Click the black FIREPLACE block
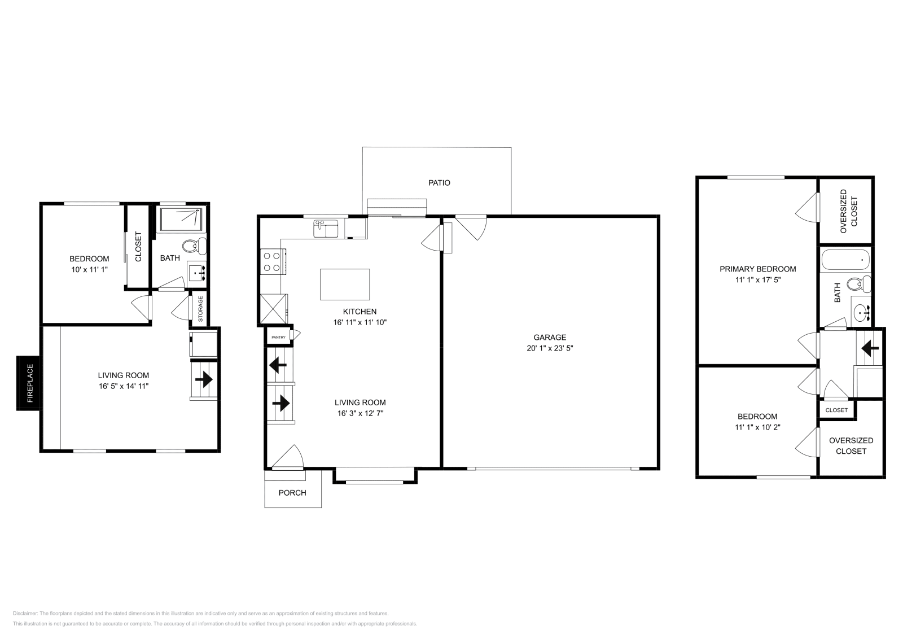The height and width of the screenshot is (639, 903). coord(28,383)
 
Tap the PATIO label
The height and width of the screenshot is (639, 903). coord(439,183)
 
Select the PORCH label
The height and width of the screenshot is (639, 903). coord(292,493)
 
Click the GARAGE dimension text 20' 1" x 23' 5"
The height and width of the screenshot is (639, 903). coord(550,348)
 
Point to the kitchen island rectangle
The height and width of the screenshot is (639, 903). coord(345,284)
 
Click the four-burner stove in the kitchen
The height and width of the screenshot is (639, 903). coord(271,262)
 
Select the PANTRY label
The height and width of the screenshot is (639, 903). coord(278,337)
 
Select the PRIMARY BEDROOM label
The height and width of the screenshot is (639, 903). coord(757,269)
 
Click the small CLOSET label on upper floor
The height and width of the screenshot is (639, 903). coord(836,410)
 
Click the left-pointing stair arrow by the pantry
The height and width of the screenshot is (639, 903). coord(278,366)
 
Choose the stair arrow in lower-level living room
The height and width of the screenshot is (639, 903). coord(204,379)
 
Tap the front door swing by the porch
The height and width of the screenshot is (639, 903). coord(289,456)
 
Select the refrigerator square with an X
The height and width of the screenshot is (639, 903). coord(273,309)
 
